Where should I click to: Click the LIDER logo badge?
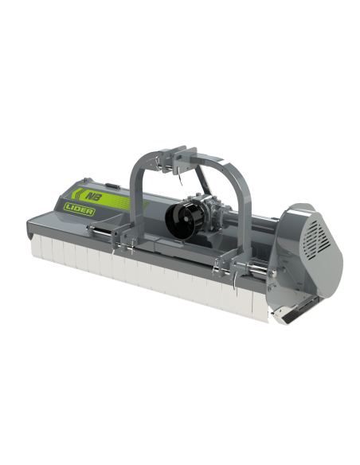pyautogui.click(x=79, y=209)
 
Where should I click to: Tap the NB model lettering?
pyautogui.click(x=93, y=197)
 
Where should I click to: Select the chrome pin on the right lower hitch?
pyautogui.click(x=258, y=268)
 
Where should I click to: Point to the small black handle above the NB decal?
pyautogui.click(x=112, y=186)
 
